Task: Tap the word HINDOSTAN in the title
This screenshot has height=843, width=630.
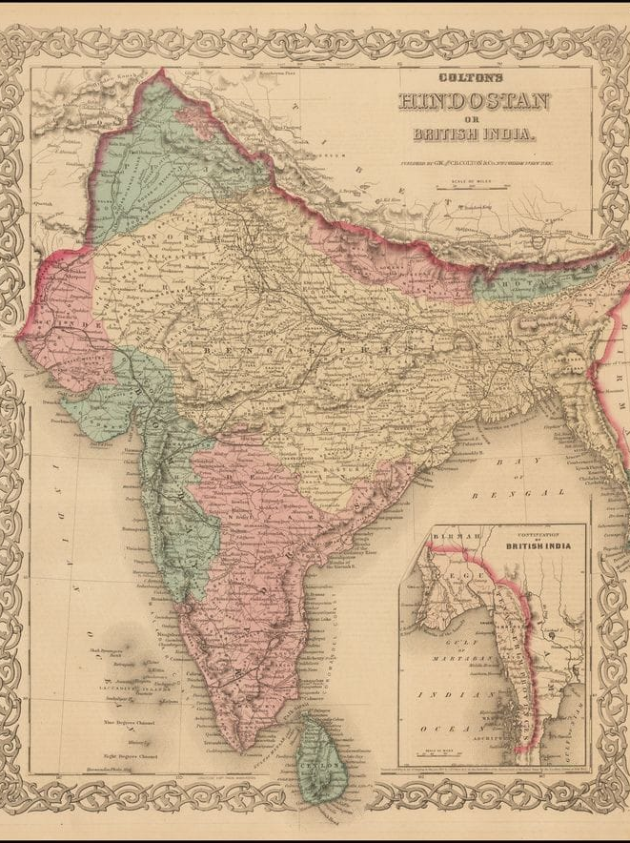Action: (473, 102)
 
